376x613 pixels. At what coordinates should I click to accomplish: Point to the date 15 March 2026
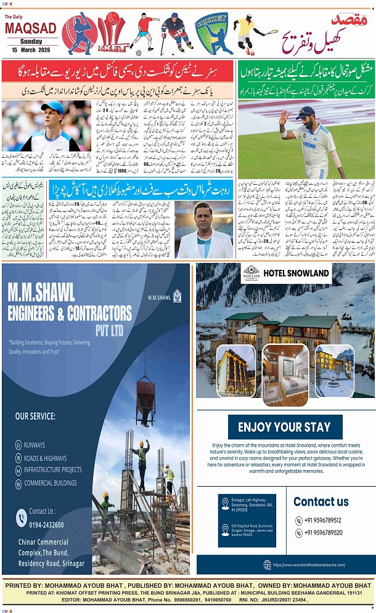[x=30, y=50]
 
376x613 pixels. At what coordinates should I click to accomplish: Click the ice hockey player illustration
[x=177, y=33]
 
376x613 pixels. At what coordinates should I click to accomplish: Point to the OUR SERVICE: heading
[x=35, y=416]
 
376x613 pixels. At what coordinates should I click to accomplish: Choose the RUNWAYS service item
[x=35, y=444]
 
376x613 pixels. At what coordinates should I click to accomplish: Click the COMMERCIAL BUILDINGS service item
[x=51, y=483]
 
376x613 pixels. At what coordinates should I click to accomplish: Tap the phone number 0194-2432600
[x=46, y=524]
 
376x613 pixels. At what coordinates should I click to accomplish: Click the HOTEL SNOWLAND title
[x=296, y=272]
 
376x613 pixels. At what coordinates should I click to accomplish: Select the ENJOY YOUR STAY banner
[x=284, y=427]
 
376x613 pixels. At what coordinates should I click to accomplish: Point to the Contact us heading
[x=321, y=501]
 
